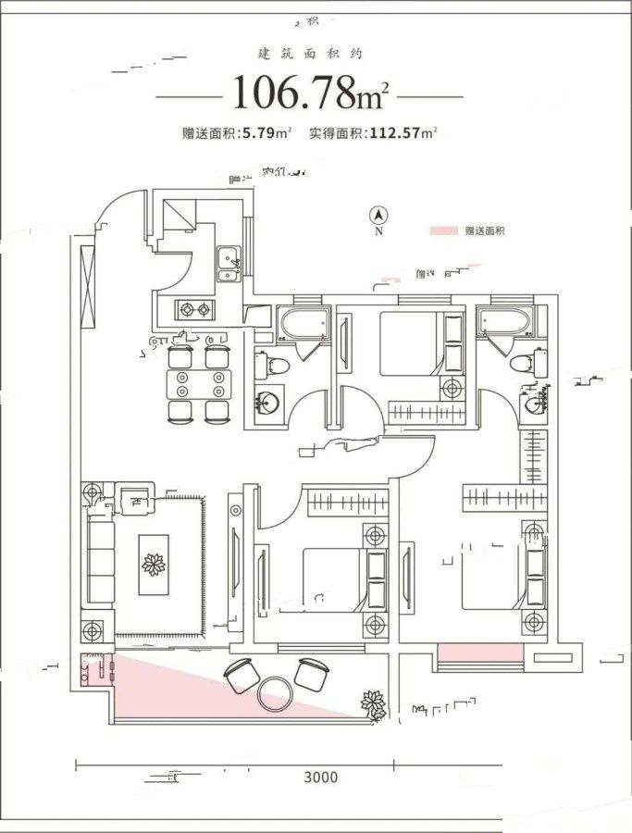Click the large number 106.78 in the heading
(x=294, y=93)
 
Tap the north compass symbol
(x=378, y=217)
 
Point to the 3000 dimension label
(x=319, y=777)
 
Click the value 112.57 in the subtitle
(x=392, y=132)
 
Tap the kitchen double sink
(x=227, y=263)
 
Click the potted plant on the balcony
(x=374, y=705)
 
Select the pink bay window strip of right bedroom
(x=479, y=656)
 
